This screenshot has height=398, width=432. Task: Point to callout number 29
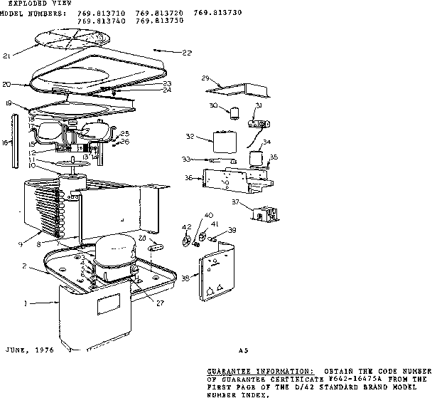point(206,78)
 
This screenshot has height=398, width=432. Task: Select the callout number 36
point(188,178)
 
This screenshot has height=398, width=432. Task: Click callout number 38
point(185,279)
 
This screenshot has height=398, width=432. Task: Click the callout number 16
point(6,143)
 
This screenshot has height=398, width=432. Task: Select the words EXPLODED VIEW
point(33,4)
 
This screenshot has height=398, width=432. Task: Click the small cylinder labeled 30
point(232,110)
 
